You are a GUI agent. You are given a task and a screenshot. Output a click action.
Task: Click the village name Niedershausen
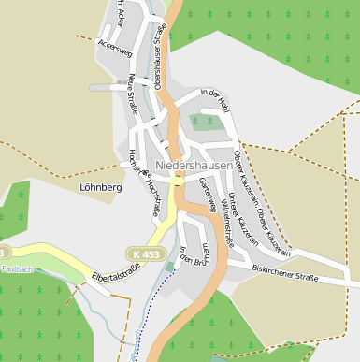click(x=194, y=165)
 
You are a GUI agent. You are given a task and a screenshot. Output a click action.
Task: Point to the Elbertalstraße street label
click(x=116, y=274)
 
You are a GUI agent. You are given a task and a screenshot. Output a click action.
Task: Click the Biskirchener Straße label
click(x=285, y=273)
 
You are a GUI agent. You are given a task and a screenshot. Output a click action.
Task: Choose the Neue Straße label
click(x=133, y=94)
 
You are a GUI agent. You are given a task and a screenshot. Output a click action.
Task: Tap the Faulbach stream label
click(x=18, y=269)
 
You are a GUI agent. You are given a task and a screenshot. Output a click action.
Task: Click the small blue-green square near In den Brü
click(x=169, y=268)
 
